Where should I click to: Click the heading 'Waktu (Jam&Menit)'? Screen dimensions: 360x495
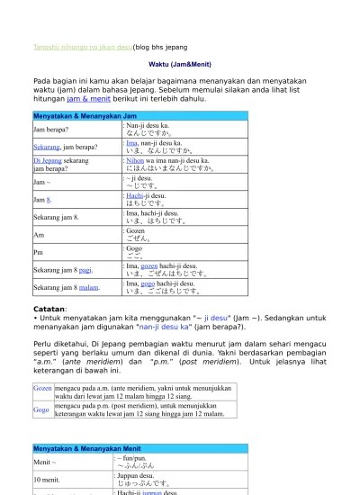[x=179, y=65]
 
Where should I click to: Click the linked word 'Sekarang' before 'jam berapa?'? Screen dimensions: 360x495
[x=47, y=147]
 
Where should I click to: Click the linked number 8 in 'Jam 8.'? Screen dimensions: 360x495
[x=49, y=199]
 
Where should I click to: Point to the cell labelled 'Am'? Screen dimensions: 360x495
[x=39, y=234]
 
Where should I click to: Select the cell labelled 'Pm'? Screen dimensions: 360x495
[x=39, y=251]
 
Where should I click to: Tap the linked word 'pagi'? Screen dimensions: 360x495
[x=85, y=269]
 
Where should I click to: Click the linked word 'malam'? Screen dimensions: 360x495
[x=89, y=287]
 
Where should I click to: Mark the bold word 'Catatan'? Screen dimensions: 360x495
[x=49, y=308]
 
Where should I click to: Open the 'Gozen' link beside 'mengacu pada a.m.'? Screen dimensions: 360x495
[x=42, y=388]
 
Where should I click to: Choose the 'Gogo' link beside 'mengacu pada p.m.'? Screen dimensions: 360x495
[x=41, y=409]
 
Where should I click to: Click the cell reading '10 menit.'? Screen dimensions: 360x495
[x=47, y=480]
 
